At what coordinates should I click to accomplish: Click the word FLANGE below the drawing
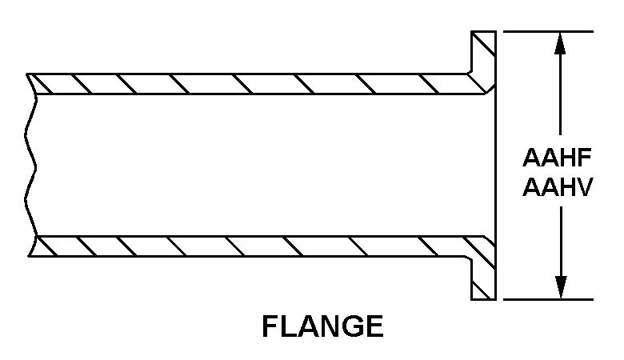[322, 326]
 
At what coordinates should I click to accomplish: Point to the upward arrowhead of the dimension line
[560, 43]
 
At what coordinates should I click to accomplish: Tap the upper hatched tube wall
[240, 82]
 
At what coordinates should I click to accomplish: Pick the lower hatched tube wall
[240, 246]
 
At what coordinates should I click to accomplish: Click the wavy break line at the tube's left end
[32, 164]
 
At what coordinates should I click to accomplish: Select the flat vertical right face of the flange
[496, 164]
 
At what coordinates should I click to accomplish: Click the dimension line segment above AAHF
[560, 96]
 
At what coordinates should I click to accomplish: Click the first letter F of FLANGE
[270, 326]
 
